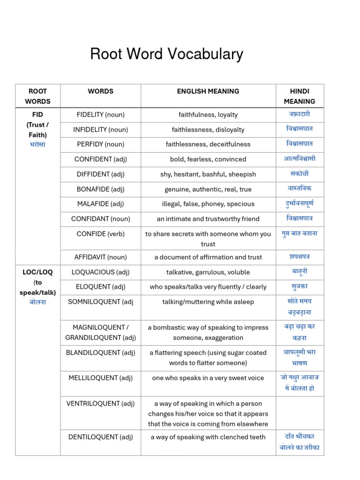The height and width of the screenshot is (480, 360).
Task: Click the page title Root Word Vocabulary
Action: (166, 54)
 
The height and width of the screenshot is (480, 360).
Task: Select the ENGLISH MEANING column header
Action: (208, 91)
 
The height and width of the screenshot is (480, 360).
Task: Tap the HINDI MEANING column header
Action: (300, 96)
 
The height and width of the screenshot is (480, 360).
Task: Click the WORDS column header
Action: (100, 91)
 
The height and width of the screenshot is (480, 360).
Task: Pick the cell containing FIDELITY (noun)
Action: (100, 114)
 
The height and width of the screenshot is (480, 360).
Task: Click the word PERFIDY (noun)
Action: (100, 144)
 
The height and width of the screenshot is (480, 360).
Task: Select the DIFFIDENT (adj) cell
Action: (100, 174)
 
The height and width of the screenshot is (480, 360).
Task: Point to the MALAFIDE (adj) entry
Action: (100, 204)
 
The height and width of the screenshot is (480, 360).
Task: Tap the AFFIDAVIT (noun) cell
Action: (100, 257)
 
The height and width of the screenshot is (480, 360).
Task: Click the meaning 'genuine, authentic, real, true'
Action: (208, 189)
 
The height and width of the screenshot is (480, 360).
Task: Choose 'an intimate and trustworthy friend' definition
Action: (208, 219)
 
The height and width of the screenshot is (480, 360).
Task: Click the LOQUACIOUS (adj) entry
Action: (100, 272)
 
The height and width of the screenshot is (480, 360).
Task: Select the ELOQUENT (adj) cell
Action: (100, 287)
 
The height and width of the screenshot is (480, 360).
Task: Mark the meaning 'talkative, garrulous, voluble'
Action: (208, 272)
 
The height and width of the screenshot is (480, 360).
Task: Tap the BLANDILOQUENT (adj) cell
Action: (100, 353)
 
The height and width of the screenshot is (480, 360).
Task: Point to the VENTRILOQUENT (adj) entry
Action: (100, 404)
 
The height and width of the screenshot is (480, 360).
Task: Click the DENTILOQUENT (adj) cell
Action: (100, 437)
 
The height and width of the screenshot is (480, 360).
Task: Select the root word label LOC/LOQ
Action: (37, 272)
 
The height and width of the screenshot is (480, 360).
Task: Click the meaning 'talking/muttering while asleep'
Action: (208, 302)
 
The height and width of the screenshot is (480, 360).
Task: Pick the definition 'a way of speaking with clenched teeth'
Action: (208, 437)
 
